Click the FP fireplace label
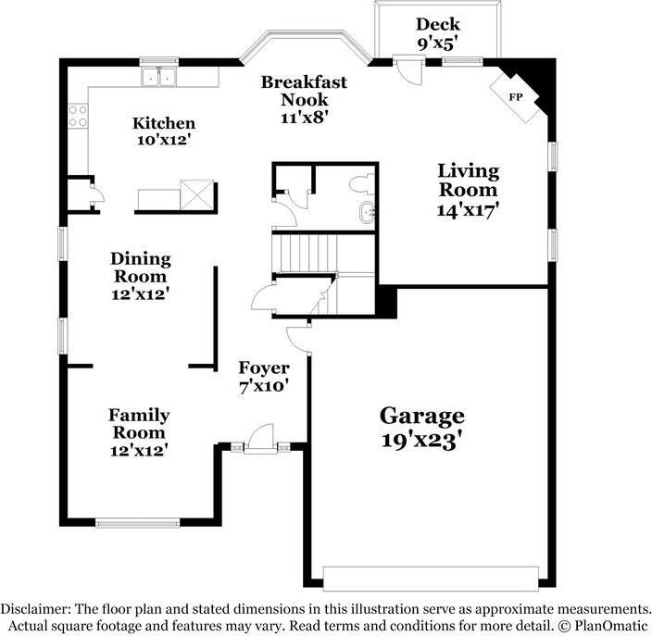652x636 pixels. point(516,97)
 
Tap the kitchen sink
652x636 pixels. point(158,77)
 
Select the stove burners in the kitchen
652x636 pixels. point(78,116)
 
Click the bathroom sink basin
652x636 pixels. point(368,214)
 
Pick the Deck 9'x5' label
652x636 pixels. point(438,33)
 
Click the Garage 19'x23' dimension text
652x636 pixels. point(421,440)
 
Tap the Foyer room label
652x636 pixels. point(264,368)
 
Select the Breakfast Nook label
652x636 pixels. point(304,91)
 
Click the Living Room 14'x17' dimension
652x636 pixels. point(468,209)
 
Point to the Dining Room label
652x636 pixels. point(141,268)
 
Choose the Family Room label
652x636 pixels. point(139,424)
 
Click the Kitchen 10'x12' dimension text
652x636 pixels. point(164,140)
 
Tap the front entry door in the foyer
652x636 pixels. point(261,438)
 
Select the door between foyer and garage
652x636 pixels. point(298,338)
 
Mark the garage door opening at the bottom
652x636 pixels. point(431,579)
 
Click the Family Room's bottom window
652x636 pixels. point(138,522)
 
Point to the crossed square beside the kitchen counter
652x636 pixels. point(196,194)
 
